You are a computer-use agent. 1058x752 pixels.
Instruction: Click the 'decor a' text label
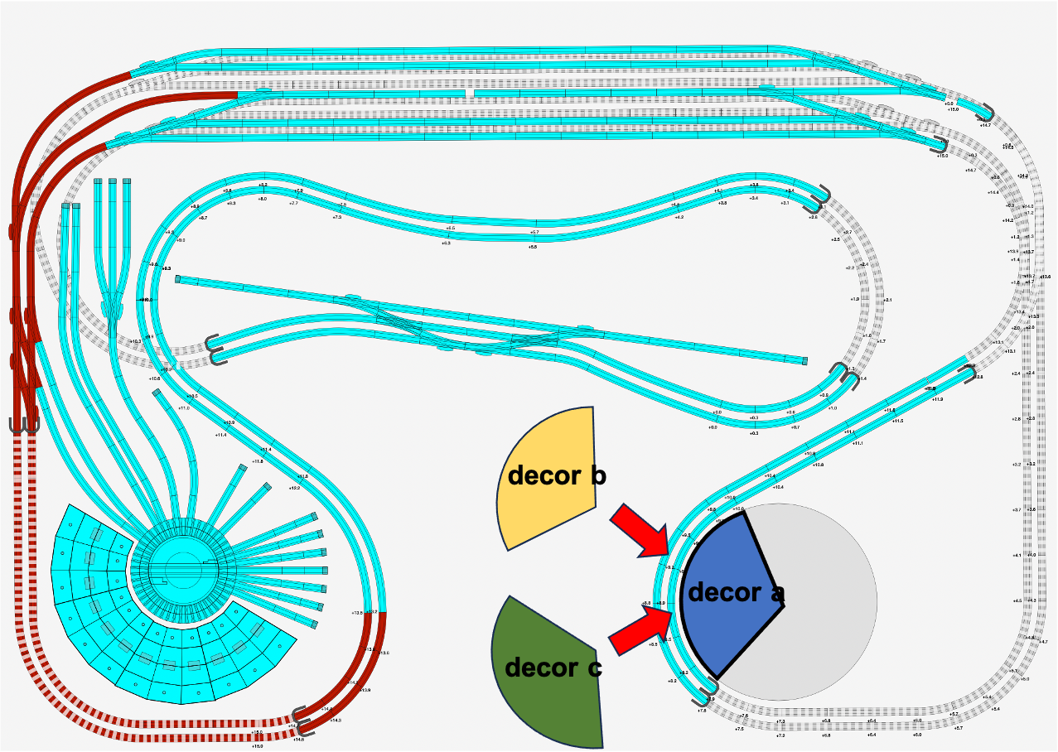point(736,592)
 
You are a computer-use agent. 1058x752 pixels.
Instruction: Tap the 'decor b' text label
point(557,476)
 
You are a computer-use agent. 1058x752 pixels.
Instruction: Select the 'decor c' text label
point(553,667)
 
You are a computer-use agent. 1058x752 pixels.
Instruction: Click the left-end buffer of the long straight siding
point(178,280)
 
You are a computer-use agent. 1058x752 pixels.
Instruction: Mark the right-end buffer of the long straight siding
point(804,361)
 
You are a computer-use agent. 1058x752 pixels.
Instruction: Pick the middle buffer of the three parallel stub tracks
point(112,181)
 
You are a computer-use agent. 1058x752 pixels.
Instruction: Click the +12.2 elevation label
point(294,489)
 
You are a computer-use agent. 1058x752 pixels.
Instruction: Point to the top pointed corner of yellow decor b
point(592,407)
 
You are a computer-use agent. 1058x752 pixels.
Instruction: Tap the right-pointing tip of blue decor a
point(784,605)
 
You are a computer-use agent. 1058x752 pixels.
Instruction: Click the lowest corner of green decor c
point(601,745)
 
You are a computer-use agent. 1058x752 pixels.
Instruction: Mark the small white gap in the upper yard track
point(470,93)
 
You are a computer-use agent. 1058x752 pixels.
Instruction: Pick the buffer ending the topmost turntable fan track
point(243,468)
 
